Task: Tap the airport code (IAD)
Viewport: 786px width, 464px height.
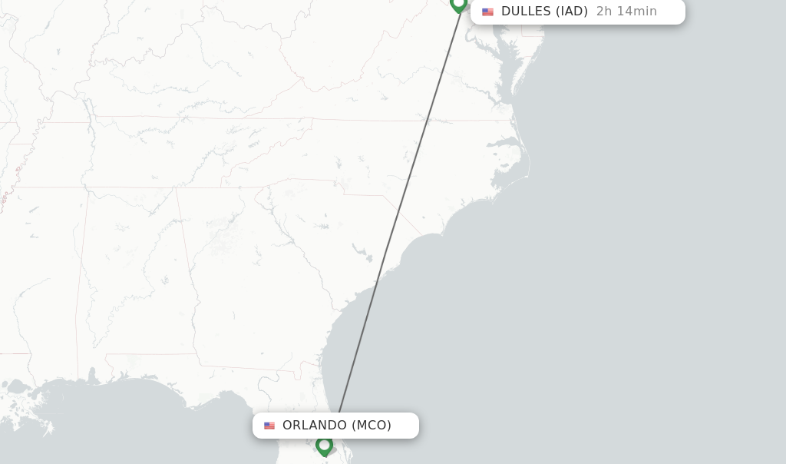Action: tap(571, 12)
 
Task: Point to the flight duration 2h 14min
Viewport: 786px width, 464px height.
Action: tap(626, 12)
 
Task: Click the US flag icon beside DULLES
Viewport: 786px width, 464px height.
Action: tap(487, 12)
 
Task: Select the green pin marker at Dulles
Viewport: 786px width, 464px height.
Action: tap(459, 4)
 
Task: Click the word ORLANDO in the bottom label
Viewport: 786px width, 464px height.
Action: tap(315, 426)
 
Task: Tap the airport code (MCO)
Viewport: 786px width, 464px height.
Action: tap(372, 426)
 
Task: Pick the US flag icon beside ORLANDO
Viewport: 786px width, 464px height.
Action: tap(269, 426)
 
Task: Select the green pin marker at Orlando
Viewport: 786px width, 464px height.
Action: tap(324, 445)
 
